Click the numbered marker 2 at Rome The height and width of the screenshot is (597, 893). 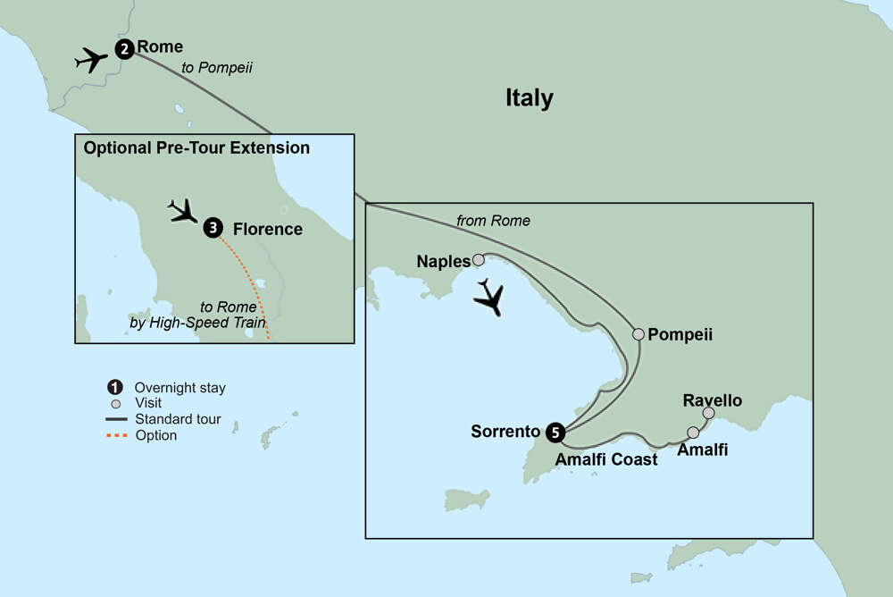click(125, 50)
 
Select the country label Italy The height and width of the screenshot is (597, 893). click(529, 98)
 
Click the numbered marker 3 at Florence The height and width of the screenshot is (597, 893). click(213, 229)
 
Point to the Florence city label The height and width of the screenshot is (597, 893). click(268, 230)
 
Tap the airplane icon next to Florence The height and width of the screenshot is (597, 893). click(185, 211)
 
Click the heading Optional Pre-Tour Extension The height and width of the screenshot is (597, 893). click(196, 148)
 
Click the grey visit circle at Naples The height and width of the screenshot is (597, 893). click(479, 260)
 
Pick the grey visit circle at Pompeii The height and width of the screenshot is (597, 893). click(638, 334)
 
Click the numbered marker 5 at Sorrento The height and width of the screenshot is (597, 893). click(555, 433)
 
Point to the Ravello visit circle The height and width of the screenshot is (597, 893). click(708, 413)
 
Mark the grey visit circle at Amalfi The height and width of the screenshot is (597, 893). click(693, 433)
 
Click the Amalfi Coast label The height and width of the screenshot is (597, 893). click(606, 459)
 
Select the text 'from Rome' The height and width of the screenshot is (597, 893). click(493, 221)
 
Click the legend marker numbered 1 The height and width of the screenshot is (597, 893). click(113, 388)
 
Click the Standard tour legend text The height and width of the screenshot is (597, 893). click(178, 419)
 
